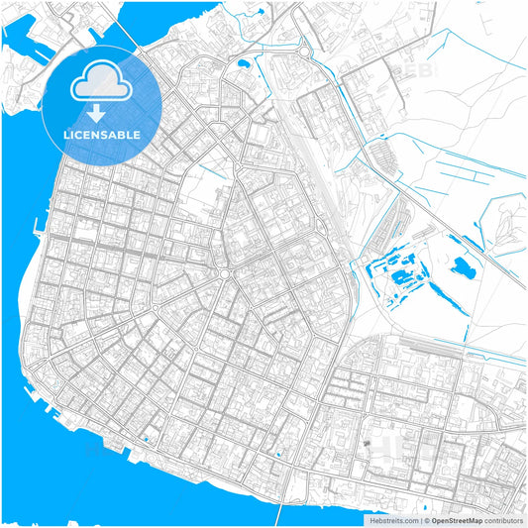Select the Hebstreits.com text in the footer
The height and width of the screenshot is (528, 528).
[393, 519]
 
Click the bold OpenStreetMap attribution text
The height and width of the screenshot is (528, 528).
[457, 519]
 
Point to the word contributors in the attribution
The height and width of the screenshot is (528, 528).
[502, 519]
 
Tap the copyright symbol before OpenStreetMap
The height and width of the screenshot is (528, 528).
[425, 519]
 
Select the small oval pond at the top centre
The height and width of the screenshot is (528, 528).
[242, 65]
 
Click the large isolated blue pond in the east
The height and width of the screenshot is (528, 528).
[461, 266]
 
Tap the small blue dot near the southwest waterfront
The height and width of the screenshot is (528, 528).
[146, 438]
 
